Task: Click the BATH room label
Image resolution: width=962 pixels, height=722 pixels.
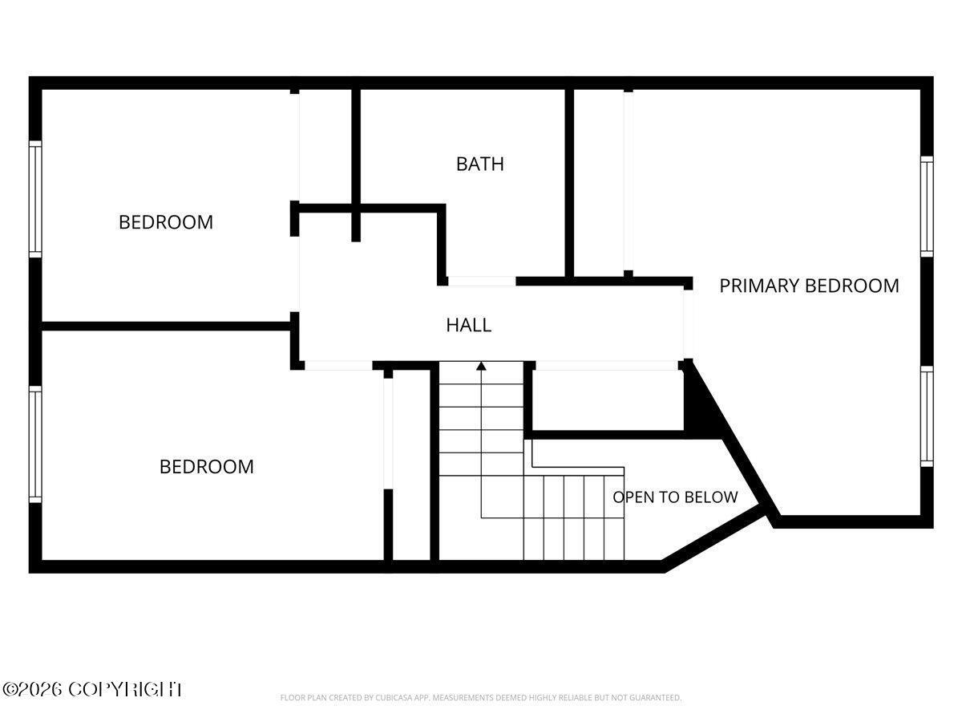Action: [x=480, y=164]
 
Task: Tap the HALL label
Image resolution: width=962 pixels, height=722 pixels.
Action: [x=468, y=325]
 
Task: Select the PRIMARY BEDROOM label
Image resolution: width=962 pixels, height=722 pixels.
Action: [x=809, y=286]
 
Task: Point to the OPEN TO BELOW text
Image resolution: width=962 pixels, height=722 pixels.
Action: [x=675, y=497]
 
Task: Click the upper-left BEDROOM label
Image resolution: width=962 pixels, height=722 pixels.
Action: [x=166, y=222]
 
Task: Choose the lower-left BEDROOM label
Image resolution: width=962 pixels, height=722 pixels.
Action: [x=206, y=466]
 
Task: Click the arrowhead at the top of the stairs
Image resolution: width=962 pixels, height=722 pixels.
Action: [x=481, y=366]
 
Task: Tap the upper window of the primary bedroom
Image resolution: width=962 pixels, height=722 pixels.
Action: [x=927, y=206]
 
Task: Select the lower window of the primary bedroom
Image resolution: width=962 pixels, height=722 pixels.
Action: [x=927, y=416]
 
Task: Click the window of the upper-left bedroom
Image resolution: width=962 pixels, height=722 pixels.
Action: [x=35, y=200]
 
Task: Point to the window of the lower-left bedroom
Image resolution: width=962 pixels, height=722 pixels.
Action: [x=35, y=444]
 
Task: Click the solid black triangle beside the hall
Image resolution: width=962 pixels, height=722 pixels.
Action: [x=701, y=401]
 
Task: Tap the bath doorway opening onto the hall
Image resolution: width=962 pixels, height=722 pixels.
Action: [x=481, y=281]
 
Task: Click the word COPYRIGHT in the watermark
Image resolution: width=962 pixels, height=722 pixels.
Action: [x=125, y=690]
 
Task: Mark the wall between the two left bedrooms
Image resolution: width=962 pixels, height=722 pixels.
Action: [x=166, y=327]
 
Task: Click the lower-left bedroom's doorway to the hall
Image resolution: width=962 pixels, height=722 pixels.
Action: [x=338, y=365]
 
